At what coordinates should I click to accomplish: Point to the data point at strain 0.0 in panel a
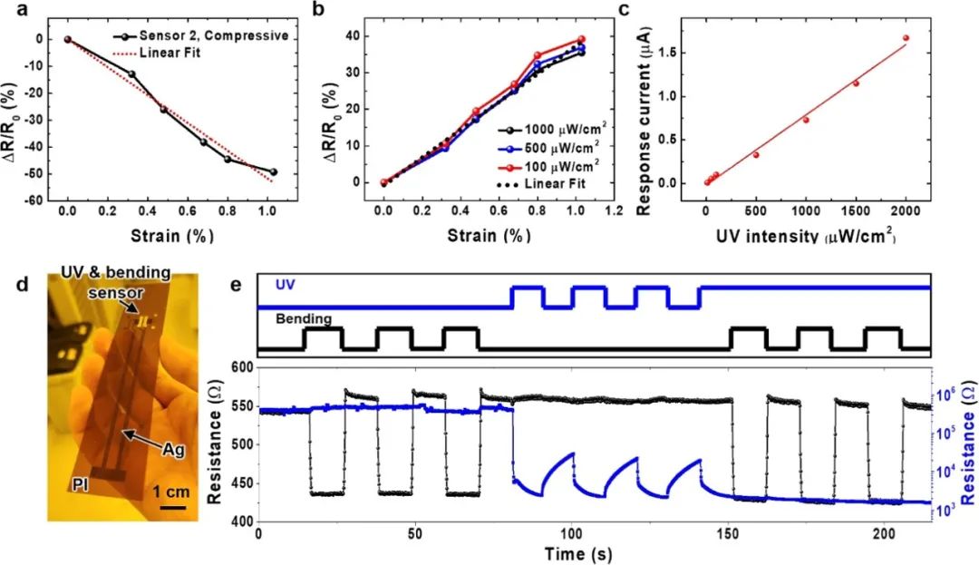(67, 40)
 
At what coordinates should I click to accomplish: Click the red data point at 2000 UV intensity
(906, 38)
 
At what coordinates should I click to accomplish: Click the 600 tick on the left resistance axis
(241, 367)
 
